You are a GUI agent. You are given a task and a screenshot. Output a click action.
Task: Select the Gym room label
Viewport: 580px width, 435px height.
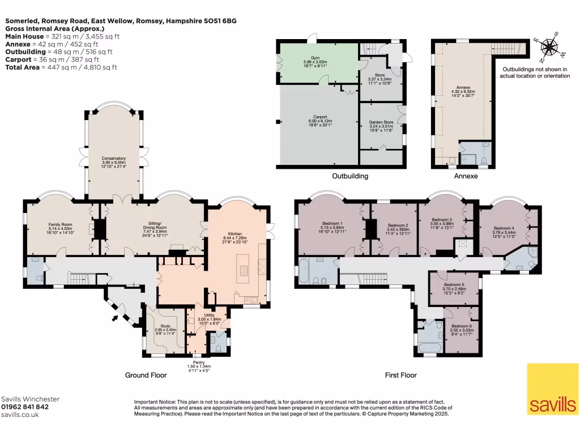coord(316,61)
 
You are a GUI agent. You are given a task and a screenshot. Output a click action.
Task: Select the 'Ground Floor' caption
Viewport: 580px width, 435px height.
coord(146,375)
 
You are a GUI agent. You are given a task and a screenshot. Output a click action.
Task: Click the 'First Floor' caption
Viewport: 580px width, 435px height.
coord(400,375)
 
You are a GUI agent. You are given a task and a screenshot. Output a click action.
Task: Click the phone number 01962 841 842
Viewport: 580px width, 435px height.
coord(25,407)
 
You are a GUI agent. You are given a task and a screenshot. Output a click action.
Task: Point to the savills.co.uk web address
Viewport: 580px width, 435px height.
coord(20,415)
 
